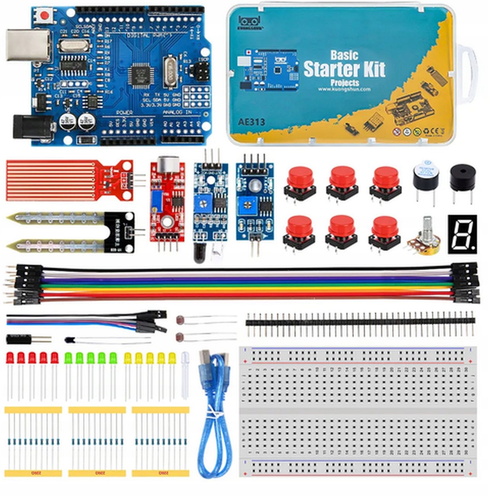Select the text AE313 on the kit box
(x=252, y=122)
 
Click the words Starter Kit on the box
(x=344, y=69)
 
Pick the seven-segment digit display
(x=462, y=233)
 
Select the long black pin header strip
(x=360, y=322)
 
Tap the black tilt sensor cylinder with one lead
(x=18, y=339)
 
